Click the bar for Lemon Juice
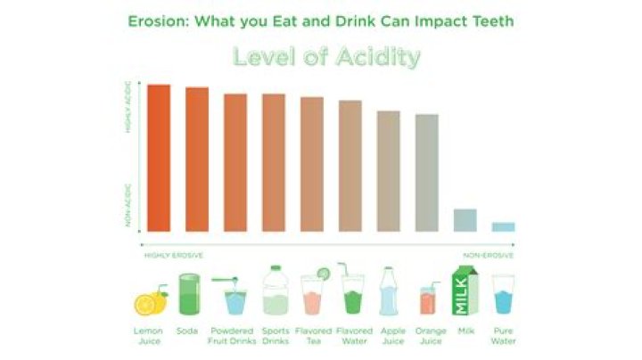coord(159,158)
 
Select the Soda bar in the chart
coord(197,160)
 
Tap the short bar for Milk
coord(465,220)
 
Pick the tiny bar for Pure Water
coord(503,226)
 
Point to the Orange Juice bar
coord(427,172)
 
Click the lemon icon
coord(149,302)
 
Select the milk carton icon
coord(466,292)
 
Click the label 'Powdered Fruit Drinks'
coord(235,335)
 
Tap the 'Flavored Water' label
coord(352,335)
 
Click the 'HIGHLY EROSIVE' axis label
coord(174,255)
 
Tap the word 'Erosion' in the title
coord(153,20)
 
